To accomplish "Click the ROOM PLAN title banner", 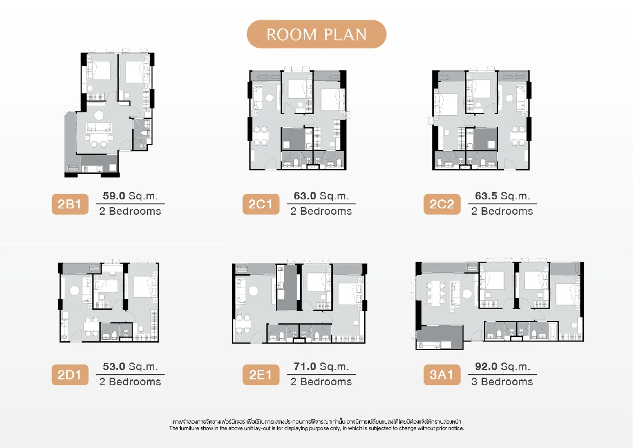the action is [x=316, y=34].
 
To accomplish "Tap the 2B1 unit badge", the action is [x=70, y=204].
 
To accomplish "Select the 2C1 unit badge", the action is [x=261, y=204].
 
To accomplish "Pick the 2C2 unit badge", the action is [x=442, y=204].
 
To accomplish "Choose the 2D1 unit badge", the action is [x=70, y=375].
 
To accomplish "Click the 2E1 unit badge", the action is [x=261, y=375].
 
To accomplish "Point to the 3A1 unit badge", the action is [x=442, y=375].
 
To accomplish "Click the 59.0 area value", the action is [x=114, y=196].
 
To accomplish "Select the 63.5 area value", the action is [x=486, y=196].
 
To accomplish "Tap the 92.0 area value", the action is [x=486, y=366].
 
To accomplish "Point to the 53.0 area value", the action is [x=114, y=366].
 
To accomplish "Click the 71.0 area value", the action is [x=305, y=366].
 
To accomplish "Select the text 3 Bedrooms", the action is [x=502, y=382].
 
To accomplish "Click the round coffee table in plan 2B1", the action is [x=99, y=115].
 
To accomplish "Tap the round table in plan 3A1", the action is [x=467, y=294].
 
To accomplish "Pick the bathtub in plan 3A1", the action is [x=554, y=331].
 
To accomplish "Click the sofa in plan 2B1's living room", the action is [x=99, y=128].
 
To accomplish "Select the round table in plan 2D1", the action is [x=74, y=291].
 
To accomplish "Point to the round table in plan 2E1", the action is [x=253, y=291].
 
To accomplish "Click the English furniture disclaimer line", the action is [x=316, y=428].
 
